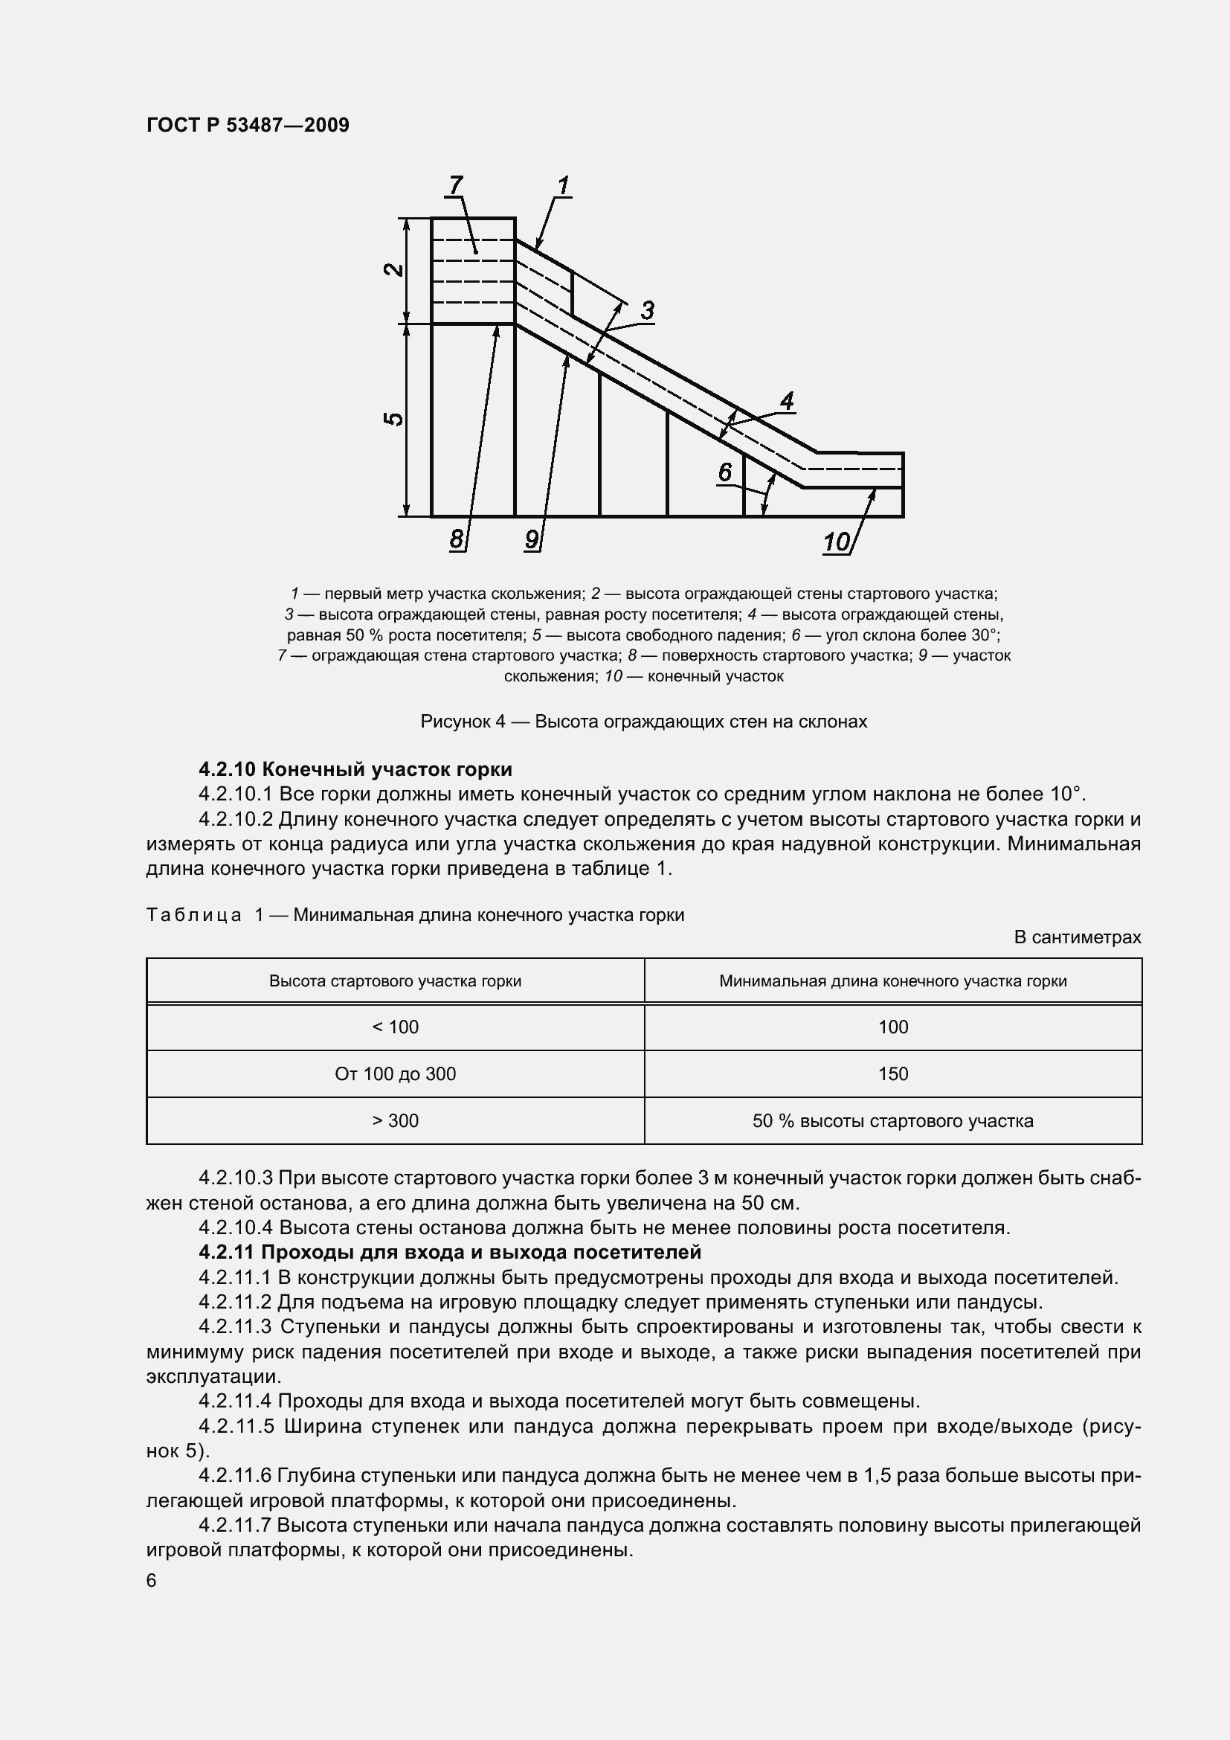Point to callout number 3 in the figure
click(x=647, y=311)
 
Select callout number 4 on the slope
click(x=787, y=401)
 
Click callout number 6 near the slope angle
click(x=725, y=473)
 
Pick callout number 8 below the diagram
click(x=456, y=539)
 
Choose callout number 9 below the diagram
click(x=532, y=539)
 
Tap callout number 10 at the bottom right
click(x=836, y=542)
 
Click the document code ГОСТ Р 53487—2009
click(x=248, y=125)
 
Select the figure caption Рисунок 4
click(x=643, y=722)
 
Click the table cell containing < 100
click(x=396, y=1027)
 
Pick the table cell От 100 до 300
click(x=396, y=1074)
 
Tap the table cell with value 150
click(x=893, y=1074)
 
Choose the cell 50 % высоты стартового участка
click(x=893, y=1121)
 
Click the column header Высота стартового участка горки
click(x=396, y=981)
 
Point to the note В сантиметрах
click(x=1077, y=937)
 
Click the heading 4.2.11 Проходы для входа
click(x=450, y=1253)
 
